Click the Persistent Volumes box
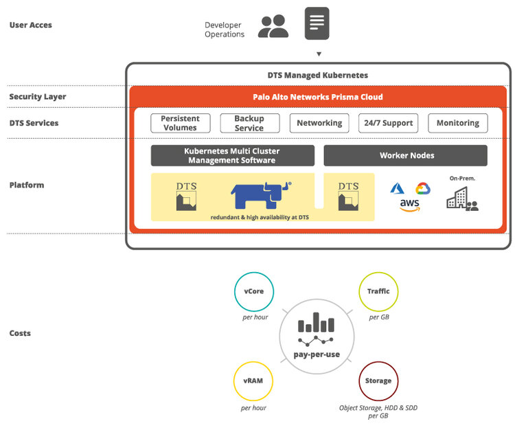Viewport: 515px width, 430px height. [180, 123]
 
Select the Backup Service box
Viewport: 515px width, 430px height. [249, 123]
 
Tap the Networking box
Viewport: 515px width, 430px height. [319, 123]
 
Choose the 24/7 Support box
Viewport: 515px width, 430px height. [388, 123]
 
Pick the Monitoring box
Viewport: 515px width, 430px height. [457, 123]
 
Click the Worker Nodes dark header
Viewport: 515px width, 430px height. [405, 155]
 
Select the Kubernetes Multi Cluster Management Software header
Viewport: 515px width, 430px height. [232, 155]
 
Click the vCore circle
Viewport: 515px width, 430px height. [253, 291]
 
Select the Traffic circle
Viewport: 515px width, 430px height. [378, 291]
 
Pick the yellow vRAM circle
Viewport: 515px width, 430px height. [253, 381]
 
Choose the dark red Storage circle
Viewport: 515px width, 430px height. [378, 381]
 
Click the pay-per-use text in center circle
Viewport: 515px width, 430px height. [317, 354]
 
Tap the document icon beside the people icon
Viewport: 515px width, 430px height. [317, 23]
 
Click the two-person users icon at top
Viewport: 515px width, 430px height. [273, 26]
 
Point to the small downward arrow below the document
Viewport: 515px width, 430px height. [318, 54]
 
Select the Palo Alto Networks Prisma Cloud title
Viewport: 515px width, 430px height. [317, 97]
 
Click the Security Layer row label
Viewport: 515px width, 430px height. [38, 97]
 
